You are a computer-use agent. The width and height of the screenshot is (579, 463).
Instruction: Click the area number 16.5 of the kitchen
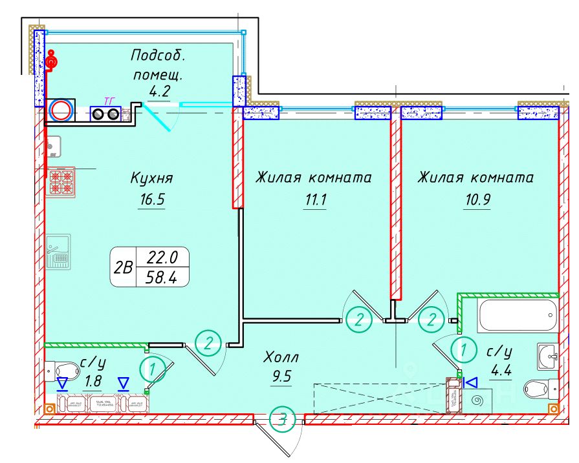pos(152,200)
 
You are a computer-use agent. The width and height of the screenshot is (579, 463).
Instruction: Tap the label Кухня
pos(152,178)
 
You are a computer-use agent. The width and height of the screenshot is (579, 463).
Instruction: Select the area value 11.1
pos(315,200)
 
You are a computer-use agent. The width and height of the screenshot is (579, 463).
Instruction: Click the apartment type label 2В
pos(123,267)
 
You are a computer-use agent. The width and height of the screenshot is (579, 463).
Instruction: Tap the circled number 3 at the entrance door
pos(282,420)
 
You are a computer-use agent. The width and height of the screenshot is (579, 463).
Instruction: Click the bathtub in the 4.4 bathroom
pos(517,315)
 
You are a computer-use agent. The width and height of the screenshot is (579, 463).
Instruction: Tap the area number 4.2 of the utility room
pos(159,91)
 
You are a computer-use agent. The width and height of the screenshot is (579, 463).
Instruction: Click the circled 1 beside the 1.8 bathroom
pos(151,370)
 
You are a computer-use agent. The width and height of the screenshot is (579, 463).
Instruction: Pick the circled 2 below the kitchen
pos(208,342)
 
